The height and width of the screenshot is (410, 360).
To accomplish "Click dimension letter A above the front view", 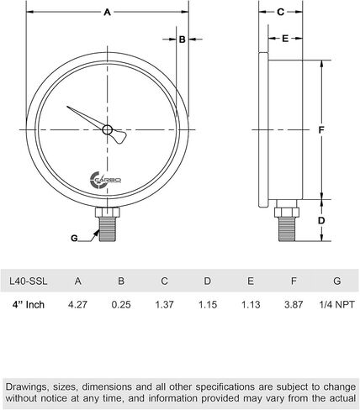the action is pos(108,13).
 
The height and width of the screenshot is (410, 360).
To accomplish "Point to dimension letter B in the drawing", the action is pos(183,39).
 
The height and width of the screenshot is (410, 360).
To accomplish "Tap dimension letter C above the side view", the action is pos(281,12).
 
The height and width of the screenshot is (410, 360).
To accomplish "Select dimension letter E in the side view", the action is pos(285,39).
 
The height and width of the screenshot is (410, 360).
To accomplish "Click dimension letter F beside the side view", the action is pos(321,130).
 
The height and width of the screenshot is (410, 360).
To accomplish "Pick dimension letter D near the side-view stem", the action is pos(321,221).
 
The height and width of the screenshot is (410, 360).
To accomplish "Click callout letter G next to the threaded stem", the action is pos(74,239).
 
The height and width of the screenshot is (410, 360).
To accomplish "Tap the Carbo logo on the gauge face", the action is pos(105,180).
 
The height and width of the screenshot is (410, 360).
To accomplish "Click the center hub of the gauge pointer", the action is pos(108,129).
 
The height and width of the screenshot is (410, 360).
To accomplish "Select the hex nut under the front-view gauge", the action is pos(108,212).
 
